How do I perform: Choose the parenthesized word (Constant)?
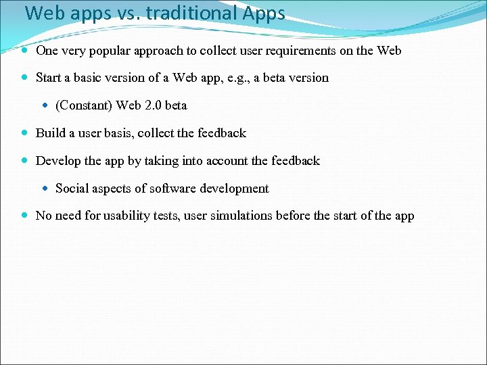(83, 105)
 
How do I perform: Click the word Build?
(51, 133)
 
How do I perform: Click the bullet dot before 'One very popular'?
(24, 51)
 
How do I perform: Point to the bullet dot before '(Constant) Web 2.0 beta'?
(45, 105)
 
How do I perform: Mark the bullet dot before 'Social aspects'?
(45, 189)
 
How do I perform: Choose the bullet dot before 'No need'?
(24, 216)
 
